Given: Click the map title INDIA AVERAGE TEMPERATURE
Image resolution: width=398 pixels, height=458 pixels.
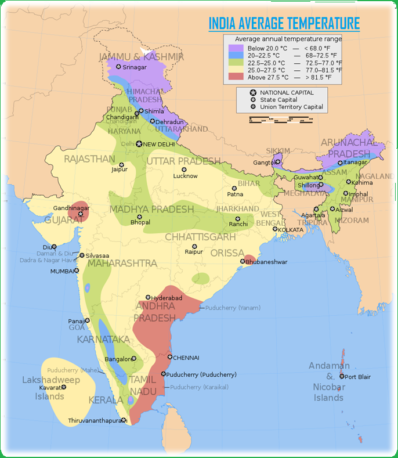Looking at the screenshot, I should [284, 24].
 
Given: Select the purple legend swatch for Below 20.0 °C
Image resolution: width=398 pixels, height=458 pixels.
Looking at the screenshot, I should [235, 47].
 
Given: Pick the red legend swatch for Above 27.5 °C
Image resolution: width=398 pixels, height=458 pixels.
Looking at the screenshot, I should [235, 77].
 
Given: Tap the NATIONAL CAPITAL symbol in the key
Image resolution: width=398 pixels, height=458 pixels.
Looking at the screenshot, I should [253, 93].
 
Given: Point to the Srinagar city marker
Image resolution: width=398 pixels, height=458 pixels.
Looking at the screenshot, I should [118, 67].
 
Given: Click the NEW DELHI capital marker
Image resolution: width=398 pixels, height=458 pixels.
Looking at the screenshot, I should [139, 144].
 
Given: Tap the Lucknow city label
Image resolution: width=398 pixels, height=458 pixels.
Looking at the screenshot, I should [186, 176].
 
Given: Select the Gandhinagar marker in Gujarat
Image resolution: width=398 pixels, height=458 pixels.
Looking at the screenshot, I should [81, 214].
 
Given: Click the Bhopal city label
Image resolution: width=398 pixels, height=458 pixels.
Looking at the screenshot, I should [140, 222].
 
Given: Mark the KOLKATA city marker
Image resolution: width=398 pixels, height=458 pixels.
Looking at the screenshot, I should [275, 229].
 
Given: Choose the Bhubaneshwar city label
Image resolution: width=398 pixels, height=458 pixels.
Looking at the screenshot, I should [267, 262].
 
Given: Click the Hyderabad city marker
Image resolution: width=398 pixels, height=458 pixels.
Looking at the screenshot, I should [148, 297].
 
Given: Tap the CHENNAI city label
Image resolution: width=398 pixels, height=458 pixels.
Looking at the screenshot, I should [186, 358].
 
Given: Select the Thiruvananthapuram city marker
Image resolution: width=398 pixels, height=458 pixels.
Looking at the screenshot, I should [124, 420].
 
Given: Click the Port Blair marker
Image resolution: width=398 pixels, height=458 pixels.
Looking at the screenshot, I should [342, 377].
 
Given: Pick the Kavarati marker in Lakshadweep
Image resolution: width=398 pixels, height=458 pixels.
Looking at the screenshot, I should [64, 387].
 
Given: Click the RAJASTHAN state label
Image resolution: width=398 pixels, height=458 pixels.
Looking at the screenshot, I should [89, 159].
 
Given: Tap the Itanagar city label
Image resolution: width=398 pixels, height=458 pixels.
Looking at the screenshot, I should [356, 163].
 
